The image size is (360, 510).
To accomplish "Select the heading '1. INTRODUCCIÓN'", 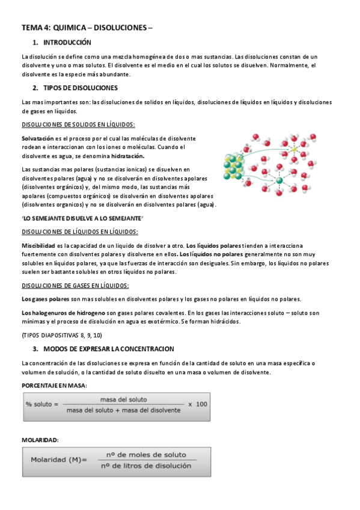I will click(x=61, y=43).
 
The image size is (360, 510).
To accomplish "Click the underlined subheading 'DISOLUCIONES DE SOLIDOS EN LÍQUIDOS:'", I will click(x=78, y=124).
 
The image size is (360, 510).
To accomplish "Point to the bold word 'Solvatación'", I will click(x=37, y=139).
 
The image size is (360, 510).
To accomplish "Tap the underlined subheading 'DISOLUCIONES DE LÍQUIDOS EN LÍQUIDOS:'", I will click(x=79, y=232).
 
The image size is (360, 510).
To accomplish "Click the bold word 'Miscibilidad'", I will click(x=38, y=245).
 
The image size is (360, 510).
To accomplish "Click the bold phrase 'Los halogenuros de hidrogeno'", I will click(x=65, y=313).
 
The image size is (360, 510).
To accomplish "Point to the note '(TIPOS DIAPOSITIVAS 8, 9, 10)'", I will click(x=62, y=334).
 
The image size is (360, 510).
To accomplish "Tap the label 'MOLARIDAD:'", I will click(x=40, y=440).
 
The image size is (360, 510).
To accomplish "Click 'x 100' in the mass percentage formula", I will click(x=198, y=404).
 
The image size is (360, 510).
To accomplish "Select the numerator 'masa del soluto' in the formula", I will click(x=123, y=399).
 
